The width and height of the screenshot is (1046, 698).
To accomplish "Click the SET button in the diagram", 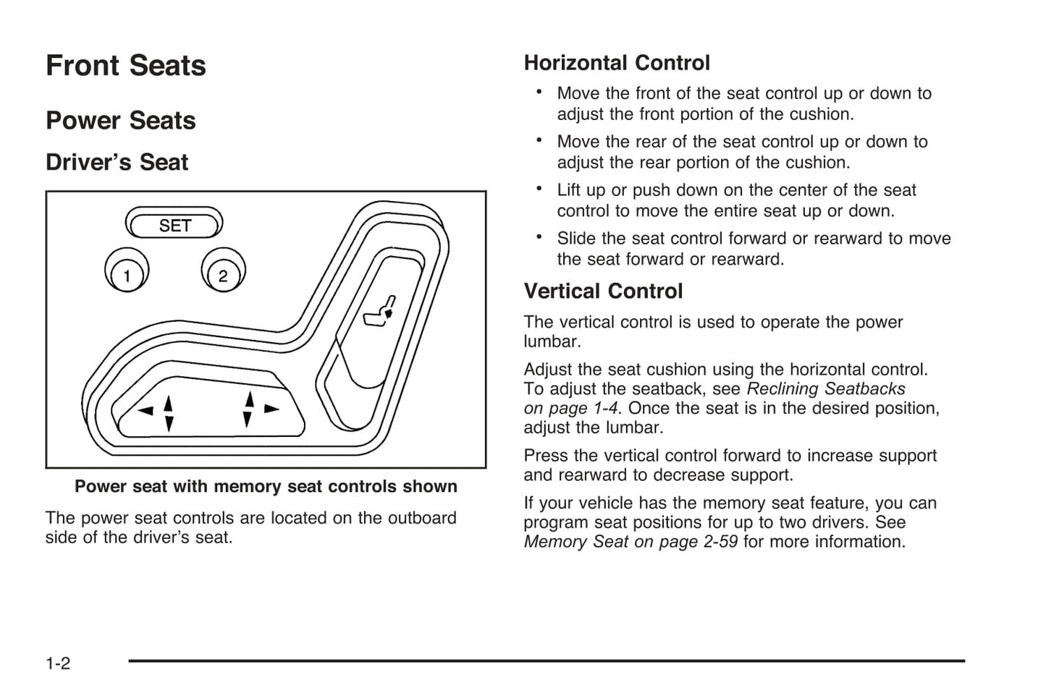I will tap(174, 226).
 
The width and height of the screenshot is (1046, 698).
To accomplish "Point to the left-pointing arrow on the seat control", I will tap(146, 411).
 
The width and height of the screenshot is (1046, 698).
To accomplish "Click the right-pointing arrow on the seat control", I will tap(271, 409).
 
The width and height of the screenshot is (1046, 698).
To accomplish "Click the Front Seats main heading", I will tap(126, 66).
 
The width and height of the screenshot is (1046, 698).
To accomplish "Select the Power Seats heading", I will tap(121, 121).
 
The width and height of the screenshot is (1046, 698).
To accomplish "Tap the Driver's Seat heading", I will tap(117, 162).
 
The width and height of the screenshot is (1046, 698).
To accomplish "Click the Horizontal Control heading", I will tap(617, 63).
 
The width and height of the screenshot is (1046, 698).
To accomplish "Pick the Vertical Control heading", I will tap(603, 291).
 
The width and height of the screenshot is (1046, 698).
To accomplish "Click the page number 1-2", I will tap(58, 663).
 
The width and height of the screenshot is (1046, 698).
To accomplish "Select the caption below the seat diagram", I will tap(266, 487).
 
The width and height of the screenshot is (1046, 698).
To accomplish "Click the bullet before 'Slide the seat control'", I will tap(539, 237).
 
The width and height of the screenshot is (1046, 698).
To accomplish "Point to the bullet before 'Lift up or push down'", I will tap(539, 188).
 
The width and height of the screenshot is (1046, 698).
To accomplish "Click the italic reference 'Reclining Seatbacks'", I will tap(825, 389).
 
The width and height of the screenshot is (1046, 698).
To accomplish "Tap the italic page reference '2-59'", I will tap(720, 542).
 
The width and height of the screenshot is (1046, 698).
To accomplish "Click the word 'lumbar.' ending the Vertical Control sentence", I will tap(552, 341).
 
